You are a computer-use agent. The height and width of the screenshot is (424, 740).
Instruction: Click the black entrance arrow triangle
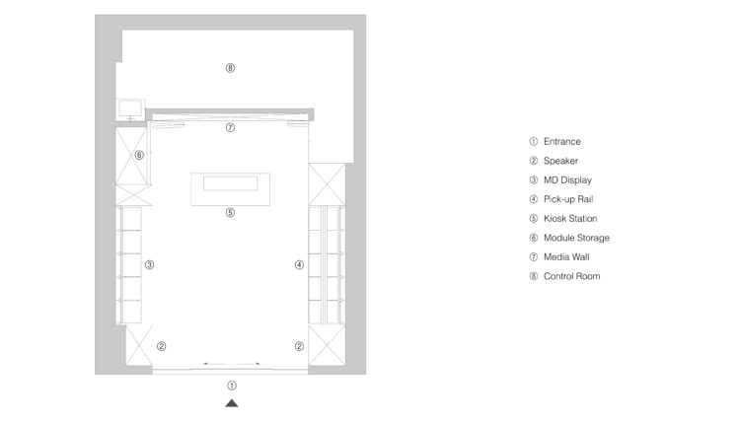pyautogui.click(x=232, y=403)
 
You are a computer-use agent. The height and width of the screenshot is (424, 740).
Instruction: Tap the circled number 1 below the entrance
pyautogui.click(x=232, y=386)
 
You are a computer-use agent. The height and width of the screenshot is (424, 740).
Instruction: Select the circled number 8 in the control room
pyautogui.click(x=230, y=68)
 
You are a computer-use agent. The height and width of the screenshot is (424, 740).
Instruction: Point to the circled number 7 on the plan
pyautogui.click(x=230, y=127)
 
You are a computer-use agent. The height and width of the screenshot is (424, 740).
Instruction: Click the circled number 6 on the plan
pyautogui.click(x=139, y=155)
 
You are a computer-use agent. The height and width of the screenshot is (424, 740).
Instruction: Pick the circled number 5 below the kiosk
pyautogui.click(x=230, y=213)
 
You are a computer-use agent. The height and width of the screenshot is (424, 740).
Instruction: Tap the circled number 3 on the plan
pyautogui.click(x=150, y=264)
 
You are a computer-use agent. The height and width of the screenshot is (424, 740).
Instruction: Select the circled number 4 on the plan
pyautogui.click(x=299, y=264)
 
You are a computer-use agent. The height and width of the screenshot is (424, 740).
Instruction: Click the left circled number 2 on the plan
pyautogui.click(x=162, y=346)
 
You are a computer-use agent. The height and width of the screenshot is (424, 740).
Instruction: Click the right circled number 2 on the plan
pyautogui.click(x=299, y=346)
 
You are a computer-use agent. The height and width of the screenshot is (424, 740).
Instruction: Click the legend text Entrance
pyautogui.click(x=562, y=141)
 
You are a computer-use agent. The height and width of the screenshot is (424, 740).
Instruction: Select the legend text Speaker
pyautogui.click(x=560, y=161)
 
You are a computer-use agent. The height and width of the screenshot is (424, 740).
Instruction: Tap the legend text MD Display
pyautogui.click(x=567, y=180)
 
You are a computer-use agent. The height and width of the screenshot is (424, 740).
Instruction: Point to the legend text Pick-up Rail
pyautogui.click(x=568, y=199)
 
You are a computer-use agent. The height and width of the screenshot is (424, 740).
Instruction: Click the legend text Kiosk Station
pyautogui.click(x=570, y=218)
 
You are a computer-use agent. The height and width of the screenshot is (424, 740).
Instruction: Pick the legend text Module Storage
pyautogui.click(x=576, y=238)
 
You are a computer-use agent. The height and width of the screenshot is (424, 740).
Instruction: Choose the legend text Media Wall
pyautogui.click(x=566, y=257)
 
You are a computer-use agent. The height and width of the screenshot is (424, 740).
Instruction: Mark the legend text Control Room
pyautogui.click(x=571, y=276)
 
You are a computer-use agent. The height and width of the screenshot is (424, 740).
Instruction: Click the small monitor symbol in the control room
pyautogui.click(x=130, y=109)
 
